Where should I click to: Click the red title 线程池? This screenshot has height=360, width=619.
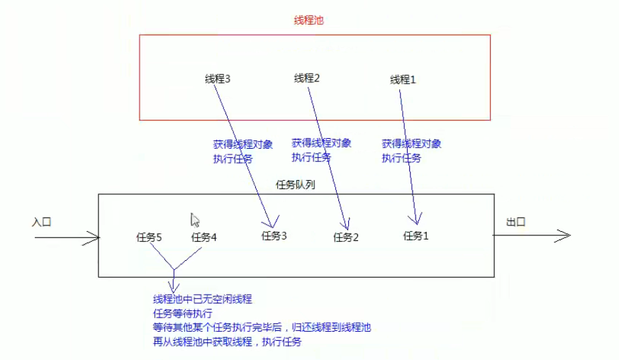tap(309, 21)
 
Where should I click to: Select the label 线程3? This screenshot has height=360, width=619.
tap(218, 79)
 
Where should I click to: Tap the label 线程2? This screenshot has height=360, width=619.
tap(307, 78)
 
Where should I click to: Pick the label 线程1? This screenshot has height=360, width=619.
tap(403, 80)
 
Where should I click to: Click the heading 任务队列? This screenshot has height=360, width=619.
tap(295, 184)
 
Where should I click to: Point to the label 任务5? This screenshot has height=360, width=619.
tap(149, 237)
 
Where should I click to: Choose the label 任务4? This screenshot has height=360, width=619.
tap(203, 237)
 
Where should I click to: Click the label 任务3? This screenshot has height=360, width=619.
tap(274, 236)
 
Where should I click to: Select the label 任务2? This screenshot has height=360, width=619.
tap(346, 237)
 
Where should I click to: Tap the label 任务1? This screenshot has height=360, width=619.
tap(416, 236)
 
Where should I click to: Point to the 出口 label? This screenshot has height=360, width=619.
tap(516, 222)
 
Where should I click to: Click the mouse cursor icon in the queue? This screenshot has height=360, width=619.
tap(195, 220)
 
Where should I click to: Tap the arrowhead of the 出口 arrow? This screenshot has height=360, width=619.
tap(566, 237)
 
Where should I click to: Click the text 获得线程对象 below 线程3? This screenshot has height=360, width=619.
tap(242, 144)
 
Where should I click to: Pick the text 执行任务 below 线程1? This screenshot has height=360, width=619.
tap(401, 158)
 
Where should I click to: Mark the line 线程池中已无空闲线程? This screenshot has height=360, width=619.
tap(203, 299)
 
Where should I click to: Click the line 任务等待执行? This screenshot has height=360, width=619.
tap(183, 313)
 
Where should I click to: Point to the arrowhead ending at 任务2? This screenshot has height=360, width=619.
tap(345, 225)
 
